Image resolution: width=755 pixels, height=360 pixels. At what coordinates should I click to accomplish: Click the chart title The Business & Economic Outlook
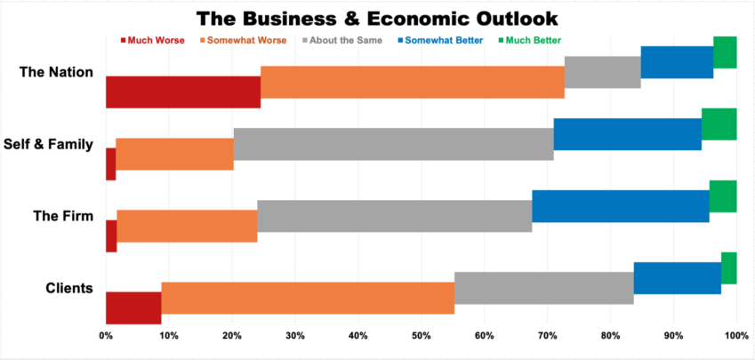pyautogui.click(x=377, y=18)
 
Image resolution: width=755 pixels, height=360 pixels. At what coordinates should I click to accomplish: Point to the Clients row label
pyautogui.click(x=68, y=287)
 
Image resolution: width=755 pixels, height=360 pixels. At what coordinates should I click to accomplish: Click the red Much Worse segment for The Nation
pyautogui.click(x=182, y=92)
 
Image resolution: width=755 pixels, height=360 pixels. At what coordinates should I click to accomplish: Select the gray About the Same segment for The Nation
pyautogui.click(x=602, y=72)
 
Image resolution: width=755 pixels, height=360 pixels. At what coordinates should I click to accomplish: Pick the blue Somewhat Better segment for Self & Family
pyautogui.click(x=627, y=144)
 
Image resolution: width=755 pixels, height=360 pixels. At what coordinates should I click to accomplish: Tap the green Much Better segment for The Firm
pyautogui.click(x=722, y=196)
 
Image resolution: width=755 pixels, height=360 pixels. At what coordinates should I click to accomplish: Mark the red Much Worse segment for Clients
pyautogui.click(x=133, y=308)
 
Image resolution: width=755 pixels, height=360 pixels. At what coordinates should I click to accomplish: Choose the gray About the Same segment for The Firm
pyautogui.click(x=394, y=216)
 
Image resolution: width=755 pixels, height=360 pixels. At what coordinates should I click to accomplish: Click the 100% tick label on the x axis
pyautogui.click(x=735, y=336)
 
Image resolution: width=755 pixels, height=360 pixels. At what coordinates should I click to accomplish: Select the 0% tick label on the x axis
pyautogui.click(x=106, y=336)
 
